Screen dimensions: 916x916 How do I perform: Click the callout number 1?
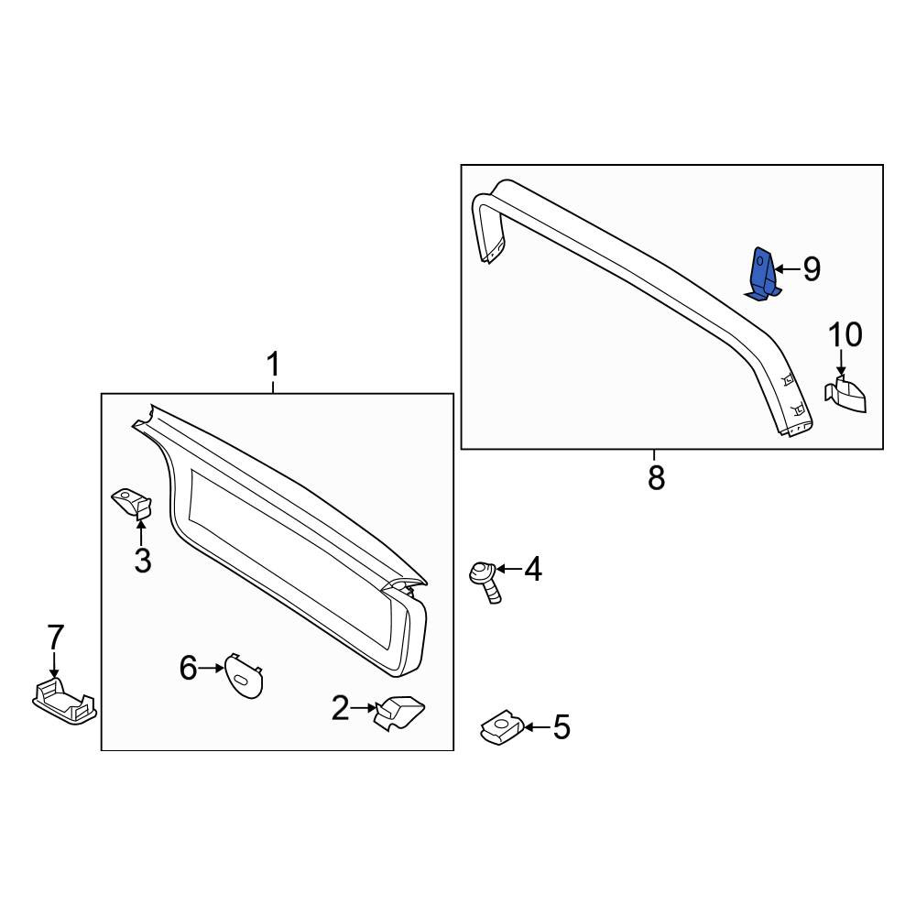pyautogui.click(x=273, y=365)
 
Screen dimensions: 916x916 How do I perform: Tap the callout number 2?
pyautogui.click(x=341, y=708)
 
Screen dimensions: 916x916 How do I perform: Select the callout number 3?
pyautogui.click(x=143, y=561)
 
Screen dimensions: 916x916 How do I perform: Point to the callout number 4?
pyautogui.click(x=533, y=569)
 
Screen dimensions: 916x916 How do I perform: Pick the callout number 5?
pyautogui.click(x=561, y=727)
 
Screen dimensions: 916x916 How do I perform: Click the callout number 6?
pyautogui.click(x=188, y=668)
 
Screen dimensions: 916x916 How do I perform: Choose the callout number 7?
pyautogui.click(x=56, y=637)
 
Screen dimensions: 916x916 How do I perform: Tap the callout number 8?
pyautogui.click(x=656, y=478)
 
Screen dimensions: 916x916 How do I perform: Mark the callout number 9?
pyautogui.click(x=812, y=269)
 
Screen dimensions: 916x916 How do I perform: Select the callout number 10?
pyautogui.click(x=845, y=335)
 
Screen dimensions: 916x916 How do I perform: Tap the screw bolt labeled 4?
pyautogui.click(x=485, y=582)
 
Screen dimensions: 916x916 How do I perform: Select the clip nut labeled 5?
pyautogui.click(x=501, y=727)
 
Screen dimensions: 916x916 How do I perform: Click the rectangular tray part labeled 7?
pyautogui.click(x=64, y=700)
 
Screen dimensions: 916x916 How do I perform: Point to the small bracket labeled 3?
pyautogui.click(x=132, y=503)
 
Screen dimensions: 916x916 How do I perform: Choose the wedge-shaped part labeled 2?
pyautogui.click(x=399, y=712)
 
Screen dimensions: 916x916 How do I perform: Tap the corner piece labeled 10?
pyautogui.click(x=845, y=395)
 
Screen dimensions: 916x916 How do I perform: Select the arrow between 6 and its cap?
pyautogui.click(x=211, y=668)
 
